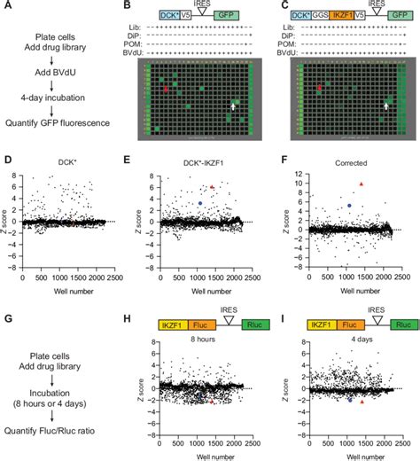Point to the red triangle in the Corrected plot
click(360, 184)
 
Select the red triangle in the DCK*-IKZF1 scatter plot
click(212, 187)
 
